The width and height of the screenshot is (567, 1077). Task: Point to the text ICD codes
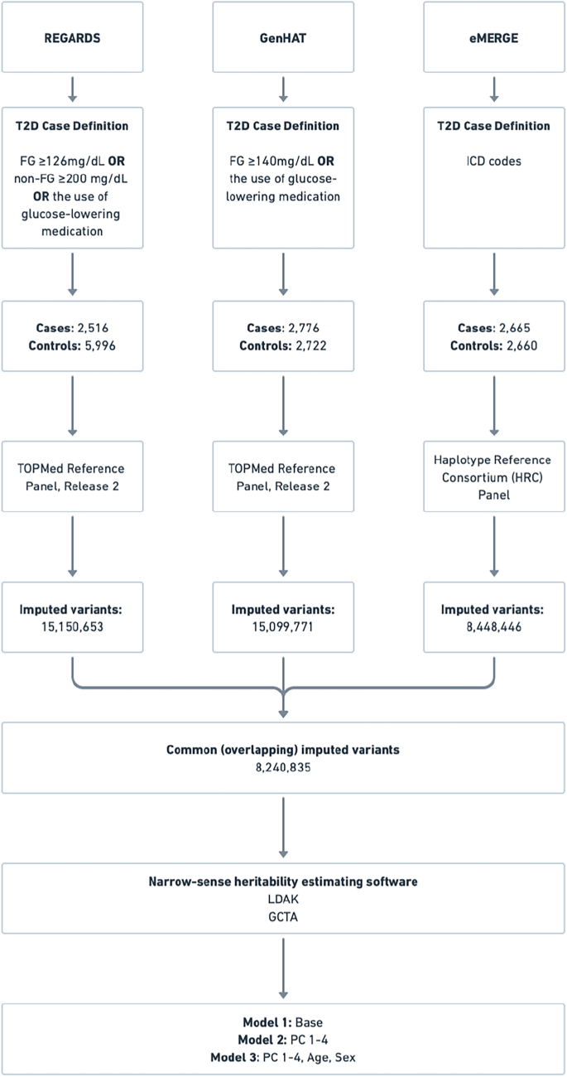coord(494,162)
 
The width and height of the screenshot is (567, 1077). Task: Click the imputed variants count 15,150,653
coord(72,629)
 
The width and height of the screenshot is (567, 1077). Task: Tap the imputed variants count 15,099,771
coord(283,629)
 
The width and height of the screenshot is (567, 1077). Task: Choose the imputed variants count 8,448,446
coord(494,629)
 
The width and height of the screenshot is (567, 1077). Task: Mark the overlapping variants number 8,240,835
coord(283,767)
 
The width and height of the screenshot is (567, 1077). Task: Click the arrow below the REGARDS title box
coord(72,88)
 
